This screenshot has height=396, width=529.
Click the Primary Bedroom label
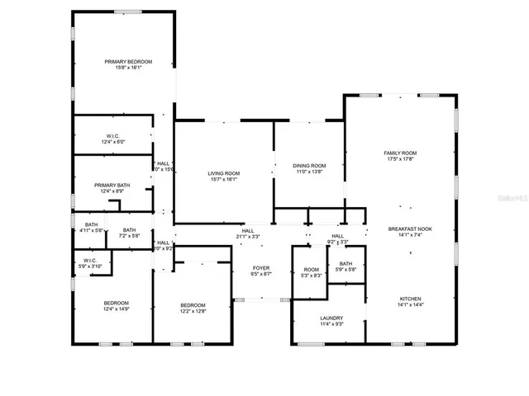pos(123,62)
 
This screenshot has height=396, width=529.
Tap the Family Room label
pos(399,153)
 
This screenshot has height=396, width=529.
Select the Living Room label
pos(223,173)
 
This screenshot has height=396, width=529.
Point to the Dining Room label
pos(309,166)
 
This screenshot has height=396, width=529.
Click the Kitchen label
pos(411,299)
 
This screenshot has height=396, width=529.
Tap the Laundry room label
pos(331,318)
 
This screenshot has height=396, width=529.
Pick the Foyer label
pos(261,268)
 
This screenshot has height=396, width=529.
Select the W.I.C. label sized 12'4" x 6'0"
pos(113,136)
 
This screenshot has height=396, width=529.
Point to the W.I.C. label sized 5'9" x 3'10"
pos(90,261)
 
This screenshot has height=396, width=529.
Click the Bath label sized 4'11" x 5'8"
pos(91,224)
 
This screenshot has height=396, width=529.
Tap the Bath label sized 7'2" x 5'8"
pos(130,230)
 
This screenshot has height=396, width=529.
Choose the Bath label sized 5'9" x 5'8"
pos(345,264)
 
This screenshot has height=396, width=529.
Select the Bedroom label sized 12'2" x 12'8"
pos(193,306)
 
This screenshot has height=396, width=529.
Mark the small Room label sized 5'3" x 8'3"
pos(311,269)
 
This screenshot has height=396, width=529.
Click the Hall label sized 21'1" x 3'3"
pos(247,232)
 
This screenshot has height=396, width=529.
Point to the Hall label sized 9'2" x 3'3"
pos(337,237)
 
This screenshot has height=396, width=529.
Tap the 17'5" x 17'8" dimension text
pos(399,159)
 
